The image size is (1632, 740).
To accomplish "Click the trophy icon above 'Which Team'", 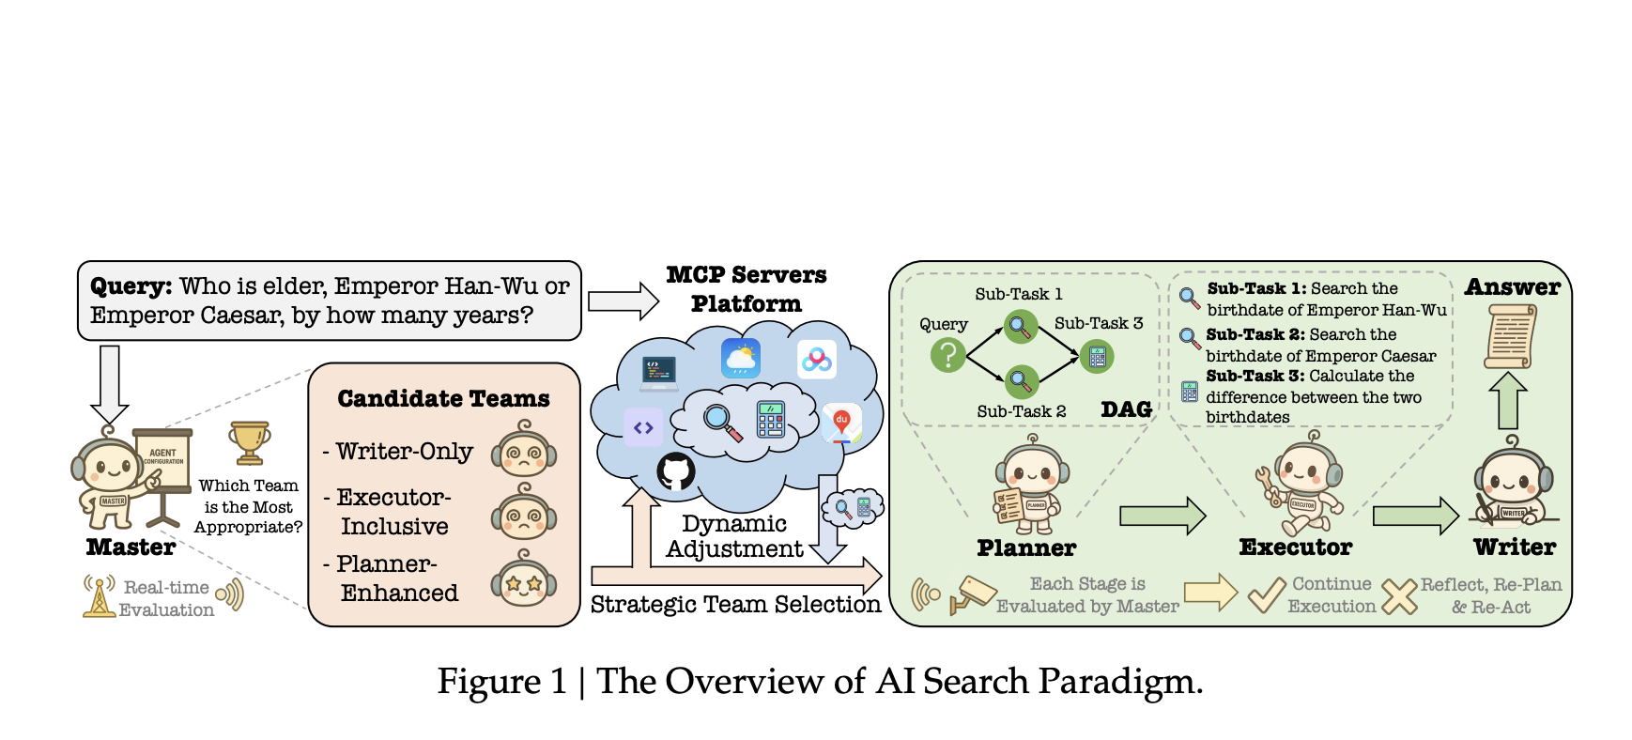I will pyautogui.click(x=249, y=442).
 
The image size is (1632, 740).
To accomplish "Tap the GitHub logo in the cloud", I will pyautogui.click(x=675, y=471).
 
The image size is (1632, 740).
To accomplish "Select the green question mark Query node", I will pyautogui.click(x=948, y=355).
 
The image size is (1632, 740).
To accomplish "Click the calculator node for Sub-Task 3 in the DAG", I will pyautogui.click(x=1097, y=357).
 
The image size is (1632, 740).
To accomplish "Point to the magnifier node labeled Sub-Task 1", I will pyautogui.click(x=1020, y=328).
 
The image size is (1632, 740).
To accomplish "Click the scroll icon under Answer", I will pyautogui.click(x=1510, y=337).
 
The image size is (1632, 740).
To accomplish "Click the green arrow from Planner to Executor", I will pyautogui.click(x=1162, y=516).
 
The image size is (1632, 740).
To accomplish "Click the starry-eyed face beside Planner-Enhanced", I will pyautogui.click(x=524, y=582).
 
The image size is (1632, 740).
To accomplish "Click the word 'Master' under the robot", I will pyautogui.click(x=131, y=547).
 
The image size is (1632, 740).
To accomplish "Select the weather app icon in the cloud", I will pyautogui.click(x=741, y=359).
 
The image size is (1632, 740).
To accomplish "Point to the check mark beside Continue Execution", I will pyautogui.click(x=1266, y=594).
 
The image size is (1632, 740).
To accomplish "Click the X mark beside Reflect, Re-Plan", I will pyautogui.click(x=1399, y=595).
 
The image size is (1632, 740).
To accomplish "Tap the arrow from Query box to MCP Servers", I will pyautogui.click(x=624, y=301).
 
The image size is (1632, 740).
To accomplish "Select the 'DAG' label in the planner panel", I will pyautogui.click(x=1126, y=410).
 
